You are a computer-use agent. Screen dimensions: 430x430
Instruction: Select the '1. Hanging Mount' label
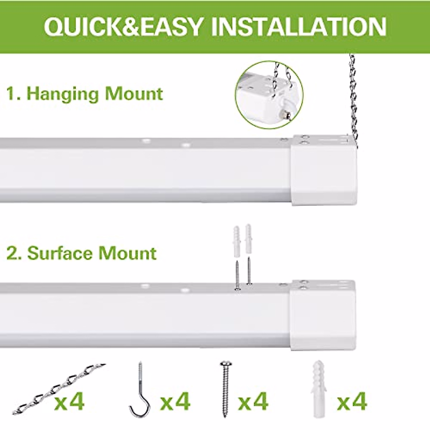click(85, 94)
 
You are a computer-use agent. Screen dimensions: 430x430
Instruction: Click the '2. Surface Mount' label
click(82, 253)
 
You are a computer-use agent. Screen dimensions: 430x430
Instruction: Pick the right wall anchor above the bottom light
click(248, 241)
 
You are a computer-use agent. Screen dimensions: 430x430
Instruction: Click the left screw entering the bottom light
click(237, 274)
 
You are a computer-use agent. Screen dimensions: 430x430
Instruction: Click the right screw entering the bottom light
click(248, 272)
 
